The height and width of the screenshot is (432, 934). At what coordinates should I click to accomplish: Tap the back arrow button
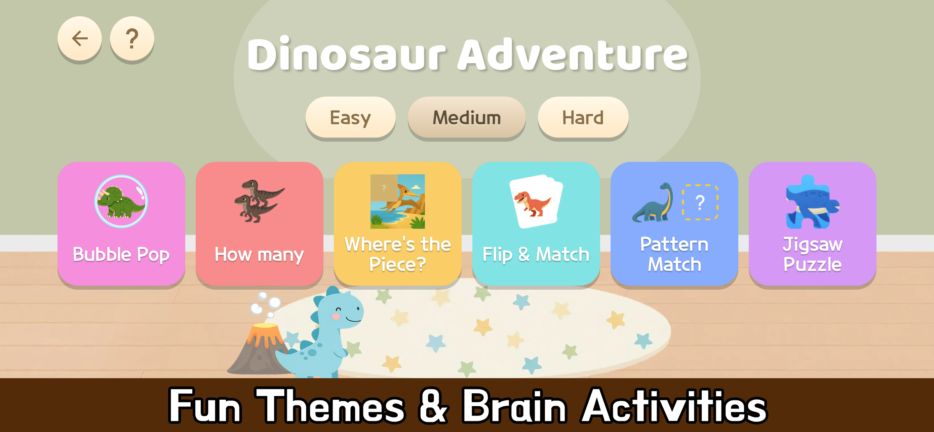(79, 38)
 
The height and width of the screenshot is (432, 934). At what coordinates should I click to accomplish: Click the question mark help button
(132, 38)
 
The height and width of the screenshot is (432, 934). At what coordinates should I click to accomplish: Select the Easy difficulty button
(350, 117)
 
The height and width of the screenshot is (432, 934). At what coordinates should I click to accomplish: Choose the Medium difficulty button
(467, 117)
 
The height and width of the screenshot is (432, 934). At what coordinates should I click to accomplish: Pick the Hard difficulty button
(583, 117)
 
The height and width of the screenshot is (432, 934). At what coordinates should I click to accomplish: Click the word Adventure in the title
(573, 55)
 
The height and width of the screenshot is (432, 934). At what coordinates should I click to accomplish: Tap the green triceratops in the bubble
(121, 202)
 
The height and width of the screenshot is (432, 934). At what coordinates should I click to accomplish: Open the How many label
(259, 254)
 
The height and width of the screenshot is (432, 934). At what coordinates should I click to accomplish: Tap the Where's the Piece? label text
(398, 254)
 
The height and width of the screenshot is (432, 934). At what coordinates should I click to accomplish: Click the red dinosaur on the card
(532, 203)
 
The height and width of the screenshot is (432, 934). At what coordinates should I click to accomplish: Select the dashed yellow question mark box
(700, 202)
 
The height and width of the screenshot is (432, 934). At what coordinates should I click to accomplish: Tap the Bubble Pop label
(121, 254)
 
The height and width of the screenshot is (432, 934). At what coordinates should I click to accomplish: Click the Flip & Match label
(536, 254)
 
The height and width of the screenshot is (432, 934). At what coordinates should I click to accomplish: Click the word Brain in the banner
(514, 406)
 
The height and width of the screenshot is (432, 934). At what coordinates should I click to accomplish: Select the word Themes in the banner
(330, 406)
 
